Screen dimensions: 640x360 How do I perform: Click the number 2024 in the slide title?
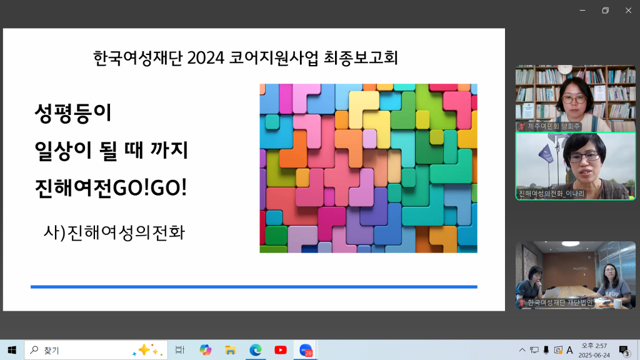click(206, 58)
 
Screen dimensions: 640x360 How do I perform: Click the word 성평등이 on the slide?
click(73, 113)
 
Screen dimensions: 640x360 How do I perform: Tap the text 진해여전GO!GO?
click(111, 187)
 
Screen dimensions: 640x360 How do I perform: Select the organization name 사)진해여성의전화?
click(114, 232)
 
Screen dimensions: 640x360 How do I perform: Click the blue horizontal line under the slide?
click(254, 287)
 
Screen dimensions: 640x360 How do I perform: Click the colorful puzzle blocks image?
click(369, 168)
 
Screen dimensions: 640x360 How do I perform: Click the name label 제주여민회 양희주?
click(554, 126)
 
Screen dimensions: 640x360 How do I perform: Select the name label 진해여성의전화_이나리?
click(551, 194)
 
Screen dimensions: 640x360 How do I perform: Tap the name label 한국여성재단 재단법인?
click(560, 302)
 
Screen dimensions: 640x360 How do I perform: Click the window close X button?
click(628, 10)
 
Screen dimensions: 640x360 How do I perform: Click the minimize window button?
click(582, 10)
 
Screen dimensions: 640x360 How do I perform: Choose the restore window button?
click(605, 10)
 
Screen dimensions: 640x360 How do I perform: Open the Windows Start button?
click(12, 350)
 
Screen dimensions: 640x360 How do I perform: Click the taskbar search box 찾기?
click(96, 350)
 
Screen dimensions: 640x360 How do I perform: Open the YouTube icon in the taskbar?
click(281, 350)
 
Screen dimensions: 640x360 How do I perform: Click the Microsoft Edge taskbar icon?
click(256, 350)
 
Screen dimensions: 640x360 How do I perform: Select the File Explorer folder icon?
click(230, 350)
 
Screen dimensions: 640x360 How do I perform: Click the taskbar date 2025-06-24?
click(594, 355)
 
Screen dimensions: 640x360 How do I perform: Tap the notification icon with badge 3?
click(624, 351)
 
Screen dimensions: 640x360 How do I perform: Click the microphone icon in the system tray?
click(546, 350)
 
